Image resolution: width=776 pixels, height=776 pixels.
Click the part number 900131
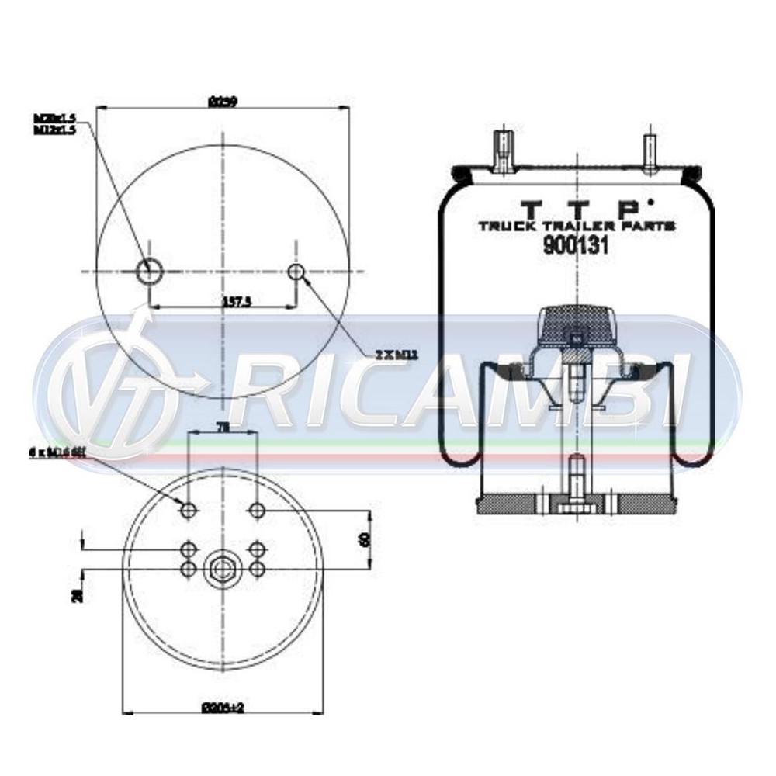pos(575,246)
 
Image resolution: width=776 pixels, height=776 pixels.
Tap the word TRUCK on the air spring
pos(505,226)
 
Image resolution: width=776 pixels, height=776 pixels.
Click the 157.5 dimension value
pos(223,302)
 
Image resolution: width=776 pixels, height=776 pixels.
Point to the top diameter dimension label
pos(223,101)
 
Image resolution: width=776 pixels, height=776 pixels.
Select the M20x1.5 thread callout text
pos(54,118)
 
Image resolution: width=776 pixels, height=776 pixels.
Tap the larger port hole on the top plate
pos(148,271)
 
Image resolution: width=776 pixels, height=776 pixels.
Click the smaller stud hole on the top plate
pos(296,271)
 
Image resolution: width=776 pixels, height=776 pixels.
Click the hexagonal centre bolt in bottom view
pos(222,569)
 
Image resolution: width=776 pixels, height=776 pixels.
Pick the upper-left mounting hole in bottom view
pos(188,510)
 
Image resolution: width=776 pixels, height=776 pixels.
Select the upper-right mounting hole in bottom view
pos(258,510)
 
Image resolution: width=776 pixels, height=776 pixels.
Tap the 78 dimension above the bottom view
pos(222,428)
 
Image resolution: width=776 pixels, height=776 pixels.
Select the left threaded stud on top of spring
pos(503,151)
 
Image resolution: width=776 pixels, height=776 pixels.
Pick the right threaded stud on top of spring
pos(649,151)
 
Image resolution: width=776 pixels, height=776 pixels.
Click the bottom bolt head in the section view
pos(575,505)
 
